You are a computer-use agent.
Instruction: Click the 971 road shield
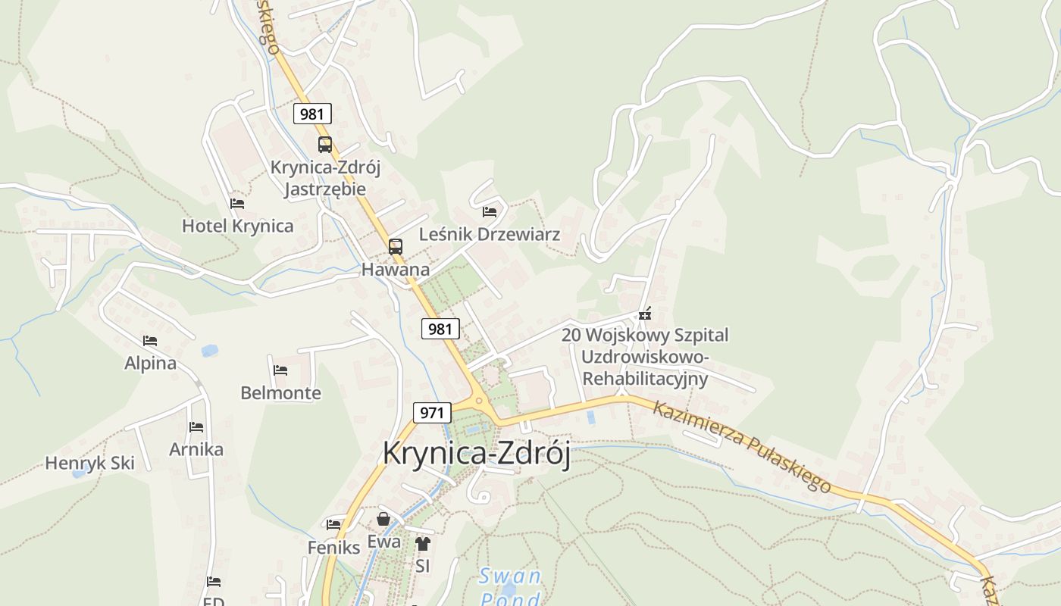click(x=432, y=413)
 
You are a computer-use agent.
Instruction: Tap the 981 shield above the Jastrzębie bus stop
click(x=312, y=114)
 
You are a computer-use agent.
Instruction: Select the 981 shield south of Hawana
click(x=440, y=329)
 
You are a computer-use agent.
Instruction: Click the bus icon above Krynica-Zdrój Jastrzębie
click(x=325, y=144)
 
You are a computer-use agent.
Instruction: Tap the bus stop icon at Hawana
click(x=396, y=246)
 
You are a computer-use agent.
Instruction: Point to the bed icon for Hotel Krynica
click(x=237, y=204)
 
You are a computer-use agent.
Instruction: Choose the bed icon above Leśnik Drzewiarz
click(x=490, y=212)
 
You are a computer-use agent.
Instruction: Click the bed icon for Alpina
click(x=150, y=342)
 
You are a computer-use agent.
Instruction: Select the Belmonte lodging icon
click(x=280, y=370)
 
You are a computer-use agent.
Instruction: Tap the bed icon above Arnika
click(x=196, y=427)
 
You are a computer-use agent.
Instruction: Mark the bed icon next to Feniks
click(x=333, y=524)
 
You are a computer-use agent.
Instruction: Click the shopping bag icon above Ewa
click(x=383, y=520)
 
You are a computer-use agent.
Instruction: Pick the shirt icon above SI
click(x=423, y=543)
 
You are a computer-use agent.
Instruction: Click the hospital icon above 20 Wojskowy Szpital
click(x=645, y=314)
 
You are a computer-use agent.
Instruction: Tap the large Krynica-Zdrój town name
click(x=477, y=453)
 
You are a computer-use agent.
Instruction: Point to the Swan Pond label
click(x=511, y=588)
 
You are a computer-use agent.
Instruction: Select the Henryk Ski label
click(x=89, y=463)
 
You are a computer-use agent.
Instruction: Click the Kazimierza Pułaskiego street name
click(x=742, y=446)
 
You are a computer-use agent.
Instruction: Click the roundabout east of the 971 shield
click(x=478, y=401)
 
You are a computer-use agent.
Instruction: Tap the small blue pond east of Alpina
click(x=209, y=351)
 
